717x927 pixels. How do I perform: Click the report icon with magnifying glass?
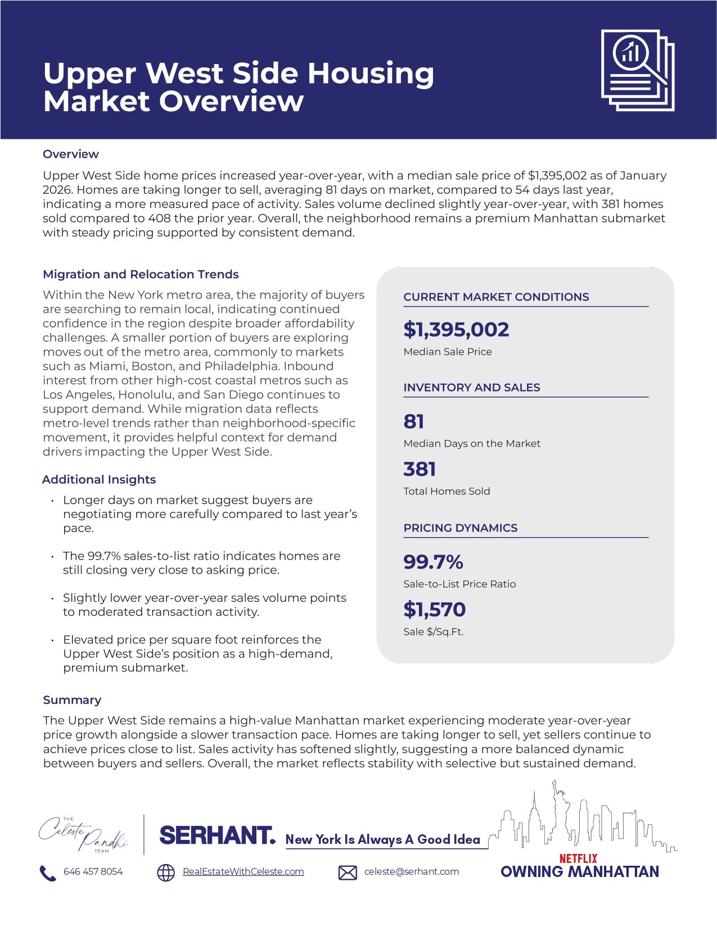[637, 70]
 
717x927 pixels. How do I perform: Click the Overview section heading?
[71, 154]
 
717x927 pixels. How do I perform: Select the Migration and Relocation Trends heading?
[141, 274]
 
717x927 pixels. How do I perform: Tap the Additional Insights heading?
[99, 479]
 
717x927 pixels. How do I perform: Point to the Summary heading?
[72, 700]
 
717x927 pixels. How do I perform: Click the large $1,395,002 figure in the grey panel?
[456, 329]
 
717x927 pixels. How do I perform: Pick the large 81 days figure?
[414, 421]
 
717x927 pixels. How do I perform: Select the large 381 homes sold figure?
[420, 469]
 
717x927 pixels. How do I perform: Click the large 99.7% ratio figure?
[433, 562]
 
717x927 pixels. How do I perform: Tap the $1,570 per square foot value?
[434, 610]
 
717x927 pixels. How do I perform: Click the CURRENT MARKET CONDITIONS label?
[496, 297]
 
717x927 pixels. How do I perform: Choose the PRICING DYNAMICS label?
[460, 528]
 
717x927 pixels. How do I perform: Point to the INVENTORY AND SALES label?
[471, 388]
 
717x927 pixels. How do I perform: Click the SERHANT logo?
[218, 835]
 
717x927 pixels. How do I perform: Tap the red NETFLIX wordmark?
[578, 858]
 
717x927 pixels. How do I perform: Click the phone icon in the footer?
[48, 873]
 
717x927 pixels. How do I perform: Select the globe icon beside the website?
[165, 873]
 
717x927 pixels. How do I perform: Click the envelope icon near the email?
[348, 873]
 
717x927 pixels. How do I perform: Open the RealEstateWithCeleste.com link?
[243, 871]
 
